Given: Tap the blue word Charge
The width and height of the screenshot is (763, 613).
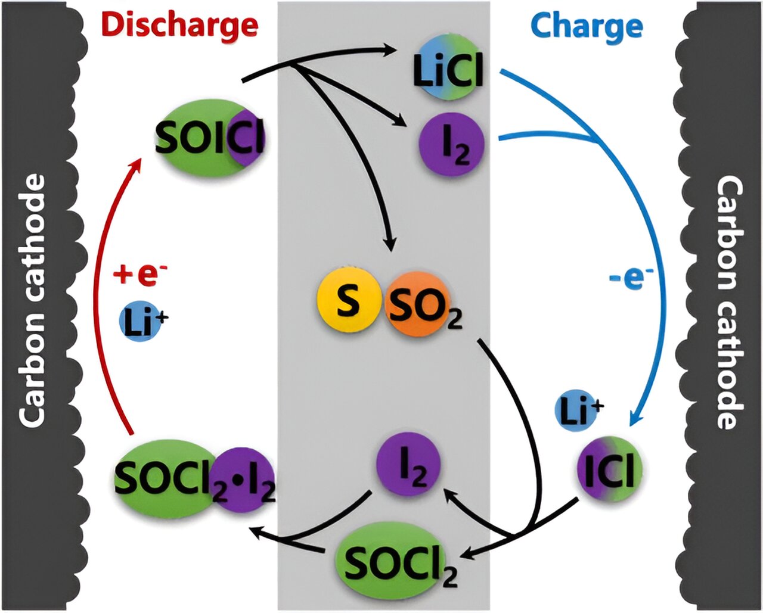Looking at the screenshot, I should click(586, 26).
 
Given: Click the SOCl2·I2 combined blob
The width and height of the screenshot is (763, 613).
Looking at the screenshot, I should click(194, 478).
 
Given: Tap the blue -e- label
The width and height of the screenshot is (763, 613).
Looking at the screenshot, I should click(632, 277).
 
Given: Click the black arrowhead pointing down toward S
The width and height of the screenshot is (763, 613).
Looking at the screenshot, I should click(390, 244).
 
